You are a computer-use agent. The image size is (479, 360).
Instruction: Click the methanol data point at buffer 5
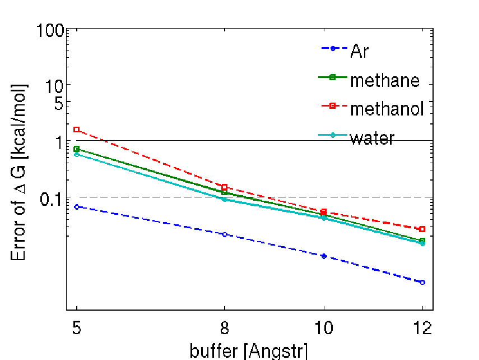coord(77,130)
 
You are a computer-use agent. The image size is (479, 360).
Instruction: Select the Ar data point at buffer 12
coord(422,282)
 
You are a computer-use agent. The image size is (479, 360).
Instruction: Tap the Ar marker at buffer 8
coord(225,234)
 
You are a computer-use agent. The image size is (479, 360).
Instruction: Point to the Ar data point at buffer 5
coord(77,207)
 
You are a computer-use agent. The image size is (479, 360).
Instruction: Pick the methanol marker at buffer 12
coord(422,229)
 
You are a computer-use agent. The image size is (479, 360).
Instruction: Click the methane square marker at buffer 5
coord(77,149)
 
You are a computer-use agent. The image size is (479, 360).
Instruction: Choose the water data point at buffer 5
coord(77,154)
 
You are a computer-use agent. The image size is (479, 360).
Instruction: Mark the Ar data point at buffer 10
coord(324,256)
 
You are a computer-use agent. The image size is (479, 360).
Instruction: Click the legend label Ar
coord(360,50)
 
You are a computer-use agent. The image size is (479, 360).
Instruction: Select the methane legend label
coord(385,80)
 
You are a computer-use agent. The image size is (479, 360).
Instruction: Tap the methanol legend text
coord(387,109)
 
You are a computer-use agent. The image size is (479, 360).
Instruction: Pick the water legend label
coord(373,138)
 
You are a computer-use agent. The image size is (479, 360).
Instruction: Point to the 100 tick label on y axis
coord(50,31)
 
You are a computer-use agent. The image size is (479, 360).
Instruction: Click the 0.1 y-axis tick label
coord(52,199)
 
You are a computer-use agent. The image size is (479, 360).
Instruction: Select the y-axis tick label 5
coord(59,104)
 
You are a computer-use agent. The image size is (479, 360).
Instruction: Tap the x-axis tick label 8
coord(225,328)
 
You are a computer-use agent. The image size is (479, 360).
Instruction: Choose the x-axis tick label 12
coord(422,328)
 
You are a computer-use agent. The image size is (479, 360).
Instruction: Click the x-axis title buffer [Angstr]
coord(249,351)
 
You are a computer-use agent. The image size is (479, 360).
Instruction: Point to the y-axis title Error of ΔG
coord(18,172)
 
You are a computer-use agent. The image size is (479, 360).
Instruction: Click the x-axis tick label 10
coord(324,328)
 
